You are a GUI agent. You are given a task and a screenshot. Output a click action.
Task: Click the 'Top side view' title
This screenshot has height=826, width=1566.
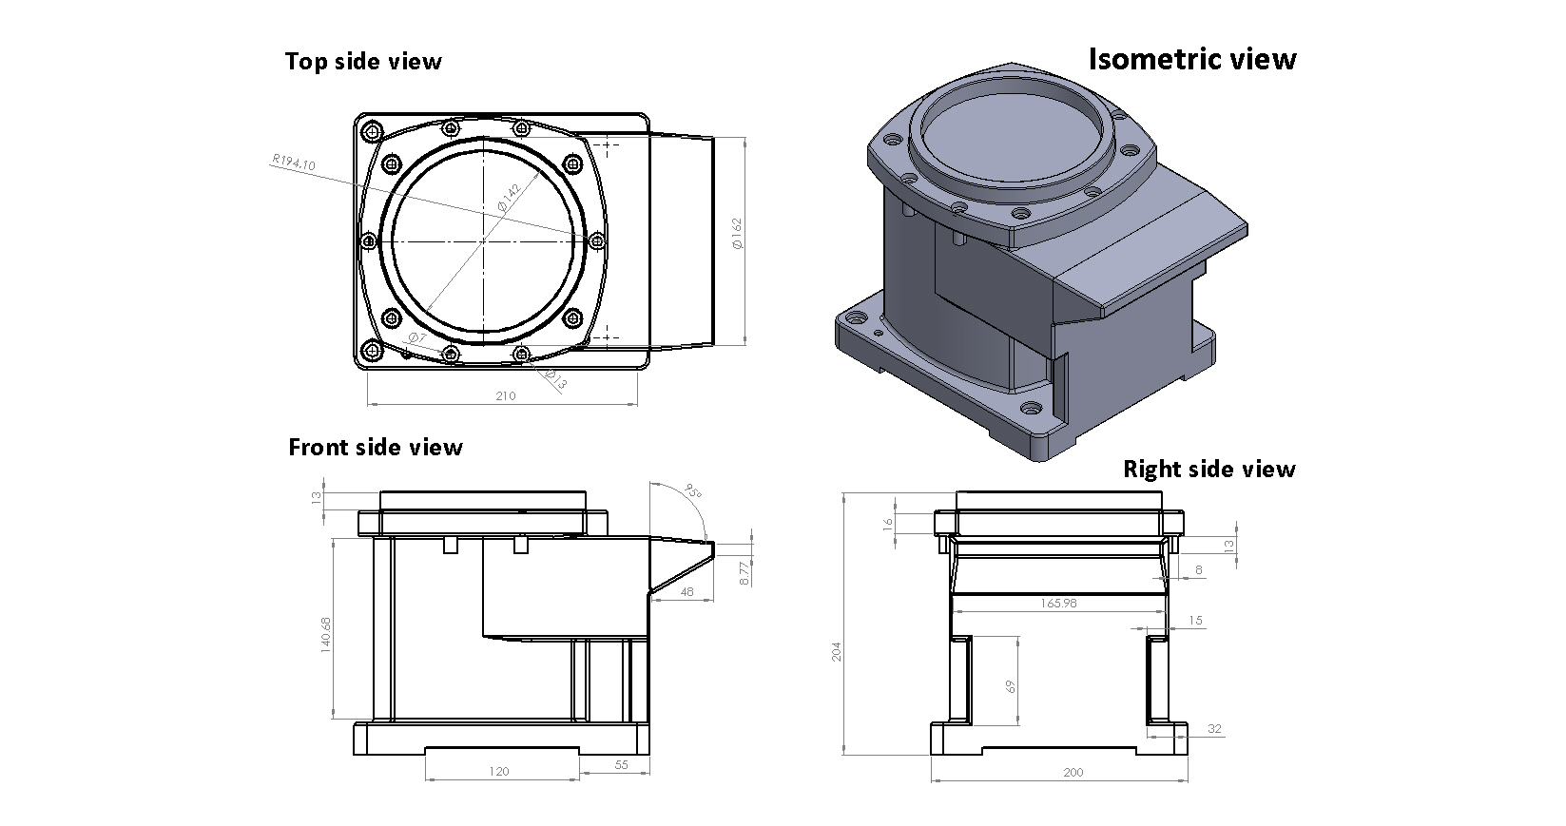coord(363,62)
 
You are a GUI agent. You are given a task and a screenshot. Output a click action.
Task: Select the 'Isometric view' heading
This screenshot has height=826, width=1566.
coord(1191,59)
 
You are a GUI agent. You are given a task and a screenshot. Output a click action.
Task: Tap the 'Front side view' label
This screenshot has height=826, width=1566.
coord(376,447)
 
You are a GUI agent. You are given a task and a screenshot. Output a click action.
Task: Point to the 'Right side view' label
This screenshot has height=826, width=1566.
coord(1208,469)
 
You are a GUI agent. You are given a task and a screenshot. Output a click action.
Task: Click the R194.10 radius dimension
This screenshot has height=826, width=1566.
coord(293,163)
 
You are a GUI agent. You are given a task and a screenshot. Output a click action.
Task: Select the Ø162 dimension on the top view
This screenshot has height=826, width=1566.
coord(737,234)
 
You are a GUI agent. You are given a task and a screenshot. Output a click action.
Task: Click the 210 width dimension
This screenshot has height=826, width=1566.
coord(505,395)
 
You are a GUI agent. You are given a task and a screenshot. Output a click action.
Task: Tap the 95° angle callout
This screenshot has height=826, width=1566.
coord(693,492)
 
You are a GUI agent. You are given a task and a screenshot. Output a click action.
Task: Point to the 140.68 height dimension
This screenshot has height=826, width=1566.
coord(326,634)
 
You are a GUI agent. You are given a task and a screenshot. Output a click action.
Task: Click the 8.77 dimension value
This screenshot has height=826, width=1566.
coord(744,572)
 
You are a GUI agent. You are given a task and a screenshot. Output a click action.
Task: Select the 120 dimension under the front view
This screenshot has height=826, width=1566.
coord(498,771)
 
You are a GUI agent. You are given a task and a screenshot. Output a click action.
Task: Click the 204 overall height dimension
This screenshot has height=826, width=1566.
coord(837,652)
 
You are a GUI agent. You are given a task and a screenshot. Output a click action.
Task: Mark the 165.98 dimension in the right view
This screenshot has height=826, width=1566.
coord(1059,603)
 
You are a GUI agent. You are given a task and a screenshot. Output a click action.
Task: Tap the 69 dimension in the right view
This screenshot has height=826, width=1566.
coord(1011,685)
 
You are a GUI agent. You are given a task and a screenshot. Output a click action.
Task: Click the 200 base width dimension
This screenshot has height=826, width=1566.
coord(1073,773)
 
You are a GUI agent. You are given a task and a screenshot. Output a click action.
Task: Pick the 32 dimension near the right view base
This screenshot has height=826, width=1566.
coord(1214,729)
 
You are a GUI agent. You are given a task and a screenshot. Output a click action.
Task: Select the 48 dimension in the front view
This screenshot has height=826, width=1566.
coord(687,591)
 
